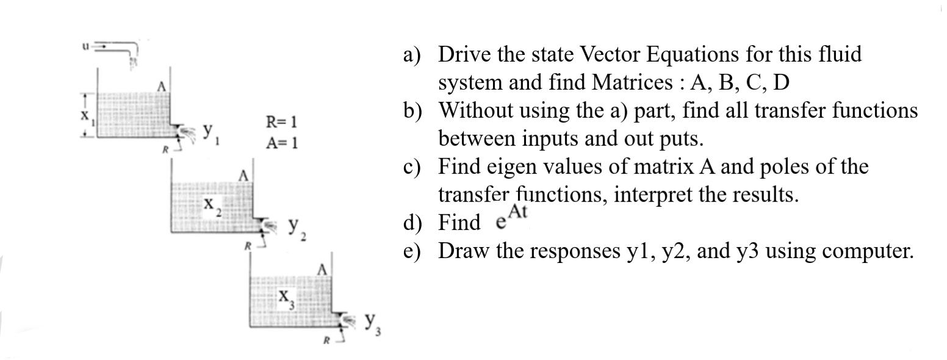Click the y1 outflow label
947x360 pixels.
tap(211, 131)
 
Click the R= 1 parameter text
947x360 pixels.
tap(281, 122)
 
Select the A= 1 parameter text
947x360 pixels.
tap(281, 143)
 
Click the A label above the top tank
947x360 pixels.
tap(162, 87)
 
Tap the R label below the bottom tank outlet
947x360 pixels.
tap(326, 340)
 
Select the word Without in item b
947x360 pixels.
tap(475, 110)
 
